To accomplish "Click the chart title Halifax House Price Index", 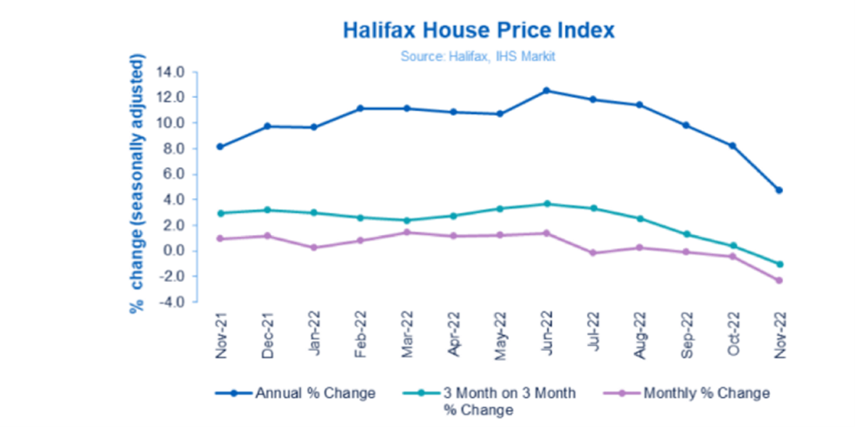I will [479, 30].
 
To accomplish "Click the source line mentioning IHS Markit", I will [478, 56].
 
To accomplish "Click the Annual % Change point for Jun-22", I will [546, 91].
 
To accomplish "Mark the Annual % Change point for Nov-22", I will [780, 190].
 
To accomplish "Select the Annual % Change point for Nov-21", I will [220, 146].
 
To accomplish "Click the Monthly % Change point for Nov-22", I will [780, 281].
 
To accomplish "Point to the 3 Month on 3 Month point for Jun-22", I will [546, 204].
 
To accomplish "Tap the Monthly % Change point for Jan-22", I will [313, 247].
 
